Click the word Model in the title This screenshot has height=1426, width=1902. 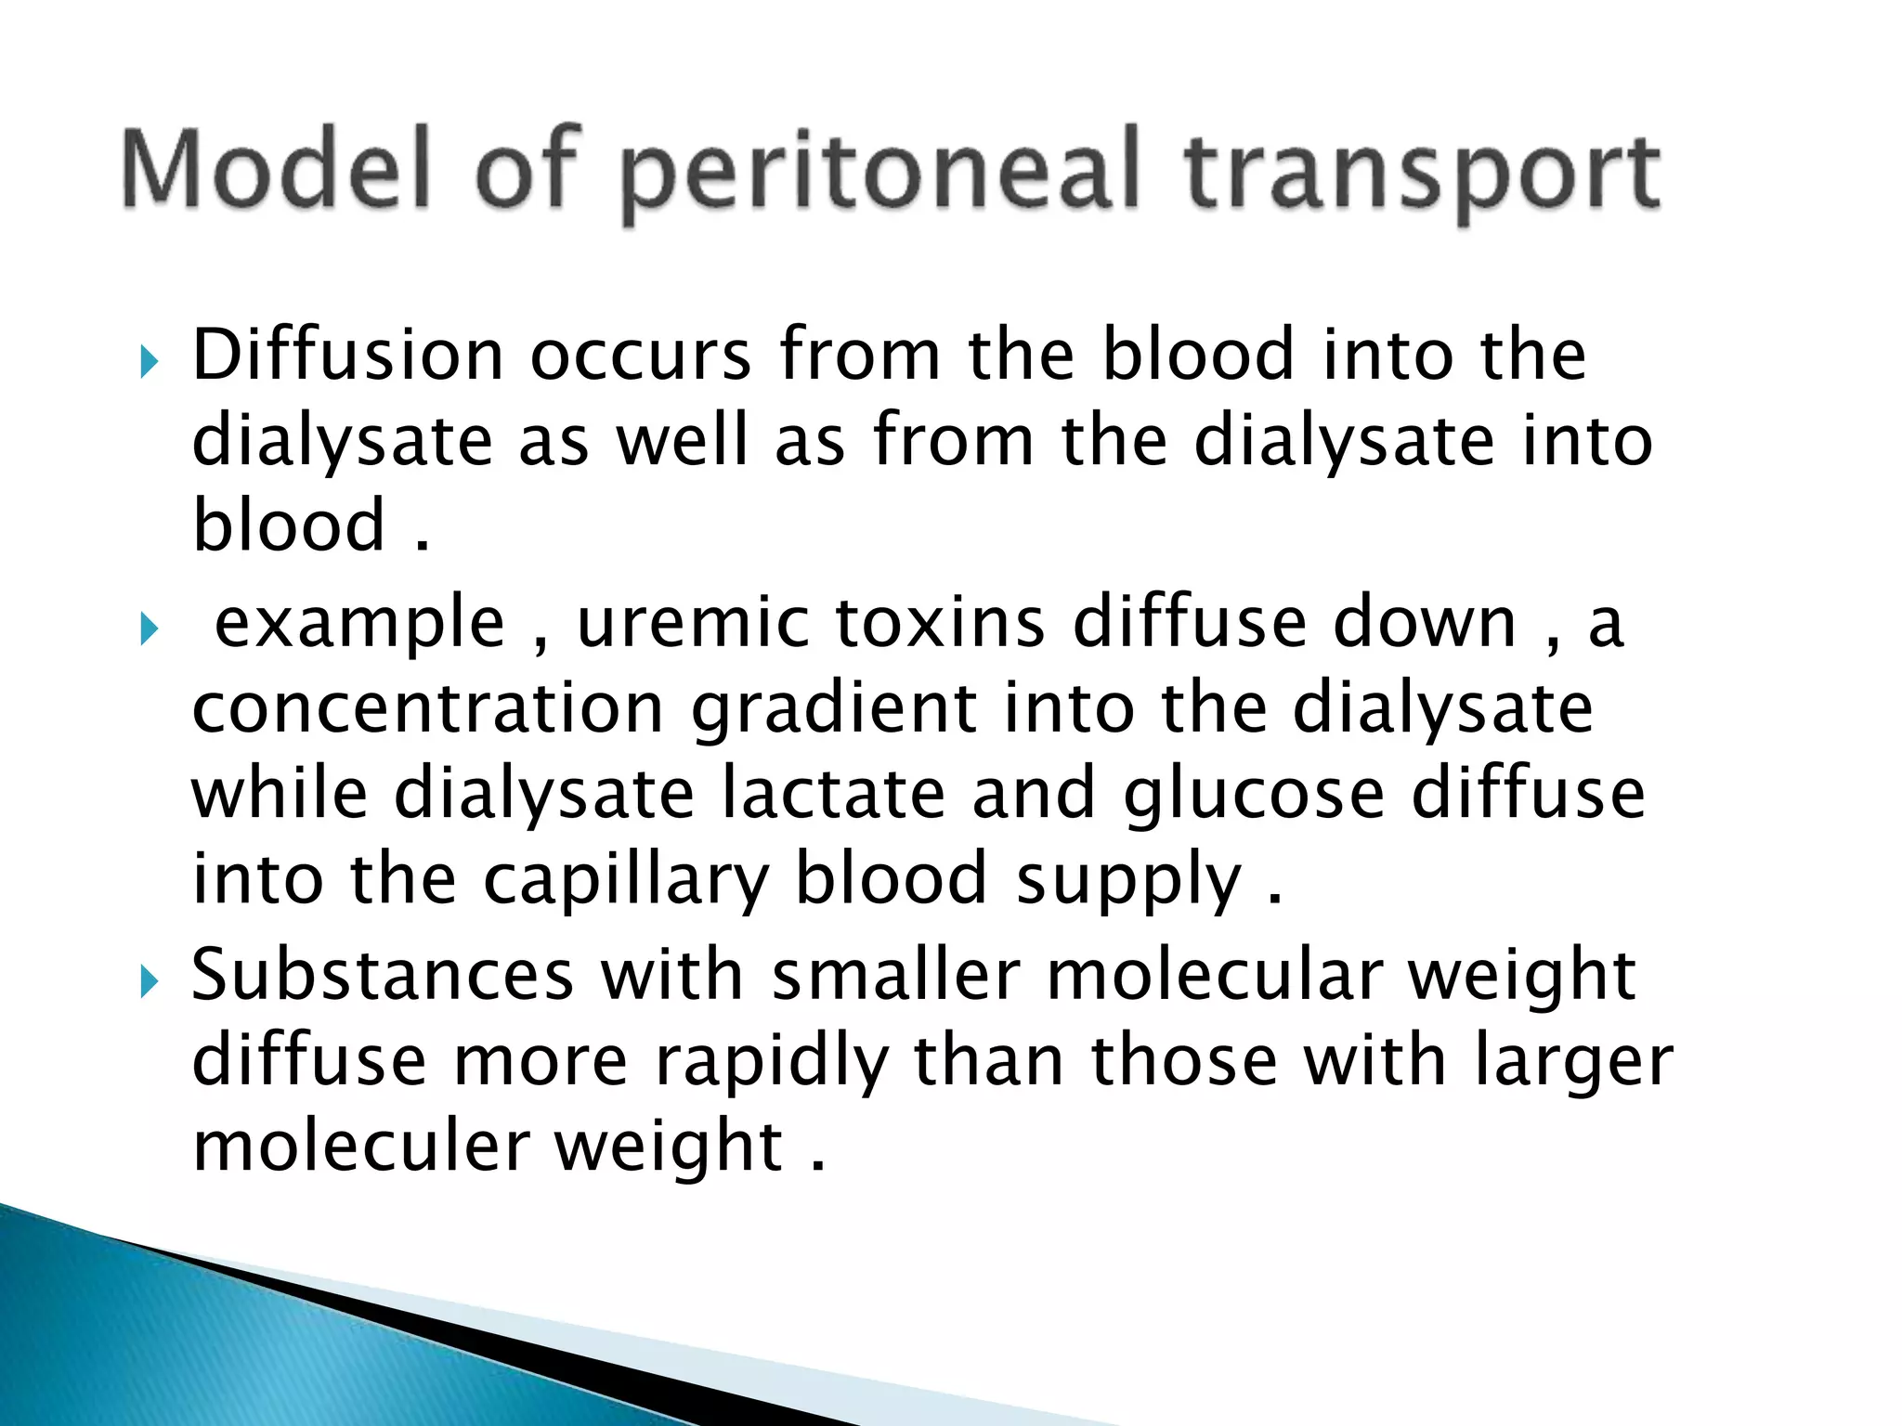(x=277, y=170)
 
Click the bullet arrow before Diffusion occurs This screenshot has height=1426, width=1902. (x=150, y=360)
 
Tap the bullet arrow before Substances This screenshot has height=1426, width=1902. (x=150, y=980)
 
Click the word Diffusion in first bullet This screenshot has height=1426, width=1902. (x=347, y=355)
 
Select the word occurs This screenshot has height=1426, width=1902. (x=640, y=356)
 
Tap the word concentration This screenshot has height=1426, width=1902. (x=428, y=708)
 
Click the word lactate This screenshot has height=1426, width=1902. (x=833, y=794)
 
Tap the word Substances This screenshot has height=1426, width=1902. (x=383, y=975)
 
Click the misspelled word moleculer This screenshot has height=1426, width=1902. (x=360, y=1147)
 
